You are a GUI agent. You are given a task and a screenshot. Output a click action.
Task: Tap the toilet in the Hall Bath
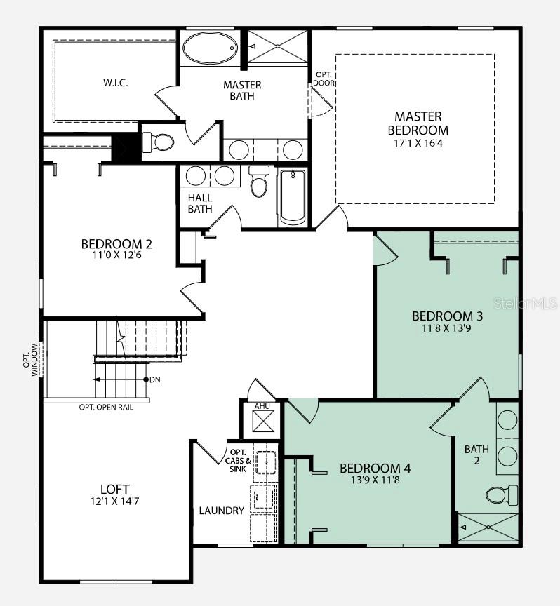pyautogui.click(x=259, y=181)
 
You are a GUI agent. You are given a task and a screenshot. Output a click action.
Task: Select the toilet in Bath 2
pyautogui.click(x=502, y=494)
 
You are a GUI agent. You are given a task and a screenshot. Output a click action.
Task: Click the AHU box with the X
pyautogui.click(x=263, y=421)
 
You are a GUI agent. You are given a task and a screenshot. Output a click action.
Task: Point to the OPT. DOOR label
pyautogui.click(x=324, y=79)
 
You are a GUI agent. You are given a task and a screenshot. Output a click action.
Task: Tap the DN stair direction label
pyautogui.click(x=155, y=379)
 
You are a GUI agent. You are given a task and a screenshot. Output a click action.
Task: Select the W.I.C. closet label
pyautogui.click(x=116, y=82)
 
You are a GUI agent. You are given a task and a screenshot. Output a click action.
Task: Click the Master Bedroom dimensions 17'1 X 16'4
pyautogui.click(x=418, y=143)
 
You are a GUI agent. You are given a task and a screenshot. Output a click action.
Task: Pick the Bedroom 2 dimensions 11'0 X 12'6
pyautogui.click(x=116, y=255)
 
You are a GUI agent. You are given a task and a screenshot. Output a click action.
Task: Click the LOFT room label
pyautogui.click(x=115, y=489)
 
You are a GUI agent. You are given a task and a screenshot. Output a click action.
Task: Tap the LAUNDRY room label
pyautogui.click(x=222, y=511)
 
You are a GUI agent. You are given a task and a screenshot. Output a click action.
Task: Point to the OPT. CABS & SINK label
pyautogui.click(x=238, y=460)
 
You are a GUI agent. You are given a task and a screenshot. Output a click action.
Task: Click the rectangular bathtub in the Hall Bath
pyautogui.click(x=293, y=197)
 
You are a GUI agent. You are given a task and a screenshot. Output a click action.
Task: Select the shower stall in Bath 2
pyautogui.click(x=488, y=527)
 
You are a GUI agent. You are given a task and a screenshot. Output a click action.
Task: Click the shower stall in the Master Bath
pyautogui.click(x=277, y=46)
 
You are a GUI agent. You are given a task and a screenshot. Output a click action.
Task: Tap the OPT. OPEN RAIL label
pyautogui.click(x=106, y=407)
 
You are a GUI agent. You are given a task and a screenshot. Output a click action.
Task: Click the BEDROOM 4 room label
pyautogui.click(x=375, y=469)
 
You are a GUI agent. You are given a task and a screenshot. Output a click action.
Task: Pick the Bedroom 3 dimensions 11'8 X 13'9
pyautogui.click(x=447, y=328)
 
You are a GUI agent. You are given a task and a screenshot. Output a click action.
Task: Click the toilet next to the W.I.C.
pyautogui.click(x=158, y=142)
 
